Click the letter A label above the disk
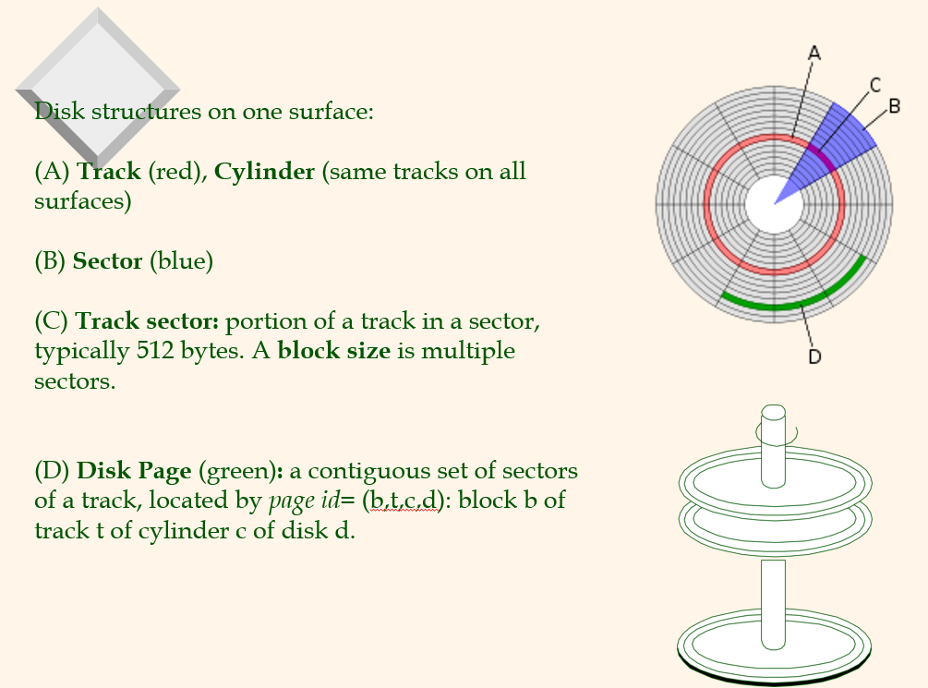814,54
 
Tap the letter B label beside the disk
894,106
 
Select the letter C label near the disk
875,85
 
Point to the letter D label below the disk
814,356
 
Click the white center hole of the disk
774,204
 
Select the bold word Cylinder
264,172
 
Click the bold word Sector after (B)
107,261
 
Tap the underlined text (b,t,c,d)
403,501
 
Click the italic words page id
304,501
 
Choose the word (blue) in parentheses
181,261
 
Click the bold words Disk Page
134,471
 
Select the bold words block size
333,351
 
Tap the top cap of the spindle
774,412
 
